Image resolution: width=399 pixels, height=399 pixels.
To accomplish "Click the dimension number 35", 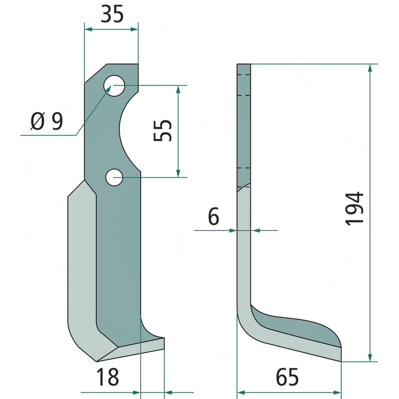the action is [112, 14].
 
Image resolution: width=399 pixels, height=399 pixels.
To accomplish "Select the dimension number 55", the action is [163, 130].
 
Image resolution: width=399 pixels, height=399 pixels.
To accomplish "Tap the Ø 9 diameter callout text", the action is [46, 121].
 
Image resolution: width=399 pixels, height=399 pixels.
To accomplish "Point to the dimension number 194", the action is [354, 208].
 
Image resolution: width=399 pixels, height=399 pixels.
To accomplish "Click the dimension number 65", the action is [287, 377].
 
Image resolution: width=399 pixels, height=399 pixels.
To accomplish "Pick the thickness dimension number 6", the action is [213, 216].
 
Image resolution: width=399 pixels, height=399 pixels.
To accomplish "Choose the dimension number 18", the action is [108, 377].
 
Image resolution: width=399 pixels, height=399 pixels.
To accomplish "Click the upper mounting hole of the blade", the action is [114, 86].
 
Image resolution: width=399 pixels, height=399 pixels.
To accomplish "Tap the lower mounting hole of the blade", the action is [114, 177].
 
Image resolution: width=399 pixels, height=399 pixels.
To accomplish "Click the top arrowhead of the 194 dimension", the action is [370, 68].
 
